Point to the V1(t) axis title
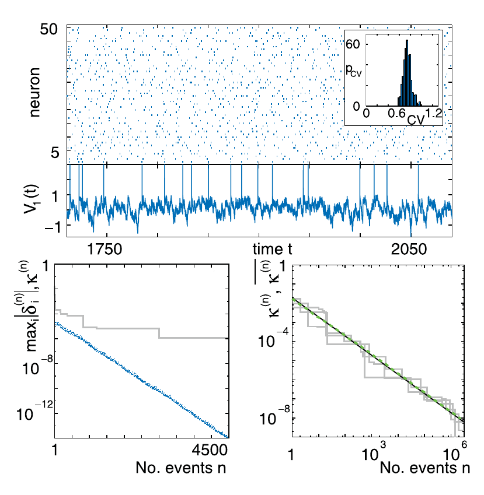(x=36, y=199)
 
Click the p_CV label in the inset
(x=354, y=71)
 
